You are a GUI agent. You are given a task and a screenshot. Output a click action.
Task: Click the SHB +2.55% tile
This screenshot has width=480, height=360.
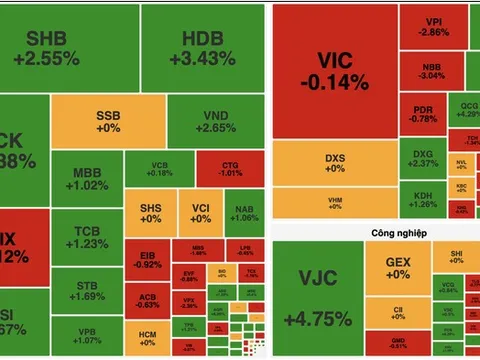52,47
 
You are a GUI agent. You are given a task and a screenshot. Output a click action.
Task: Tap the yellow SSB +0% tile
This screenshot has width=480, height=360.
108,121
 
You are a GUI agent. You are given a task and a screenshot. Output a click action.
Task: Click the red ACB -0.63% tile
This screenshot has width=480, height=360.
147,299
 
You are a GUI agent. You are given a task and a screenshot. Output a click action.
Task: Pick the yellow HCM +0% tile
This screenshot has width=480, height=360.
147,337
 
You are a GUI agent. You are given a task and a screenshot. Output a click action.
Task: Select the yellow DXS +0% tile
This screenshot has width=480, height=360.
334,163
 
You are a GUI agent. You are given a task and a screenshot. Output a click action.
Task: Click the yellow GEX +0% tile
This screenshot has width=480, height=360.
397,268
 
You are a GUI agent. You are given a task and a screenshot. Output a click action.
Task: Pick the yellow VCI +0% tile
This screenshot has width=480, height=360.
201,212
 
